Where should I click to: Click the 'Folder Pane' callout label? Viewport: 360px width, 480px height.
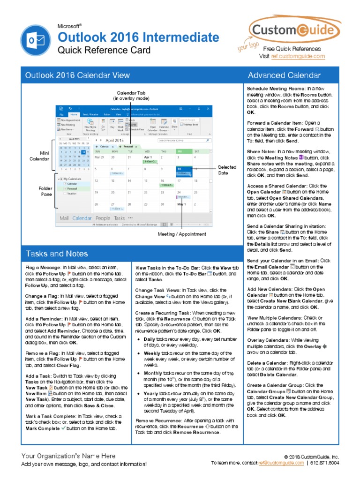coord(45,191)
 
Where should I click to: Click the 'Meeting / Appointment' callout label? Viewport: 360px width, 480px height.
coord(181,234)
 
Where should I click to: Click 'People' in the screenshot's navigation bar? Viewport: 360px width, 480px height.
coord(103,218)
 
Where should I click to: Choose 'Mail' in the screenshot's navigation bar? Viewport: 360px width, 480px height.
coord(64,218)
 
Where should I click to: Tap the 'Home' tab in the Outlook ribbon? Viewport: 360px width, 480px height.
coord(74,114)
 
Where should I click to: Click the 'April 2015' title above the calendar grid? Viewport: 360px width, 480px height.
coord(114,140)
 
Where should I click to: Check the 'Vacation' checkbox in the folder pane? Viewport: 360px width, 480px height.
coord(65,194)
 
